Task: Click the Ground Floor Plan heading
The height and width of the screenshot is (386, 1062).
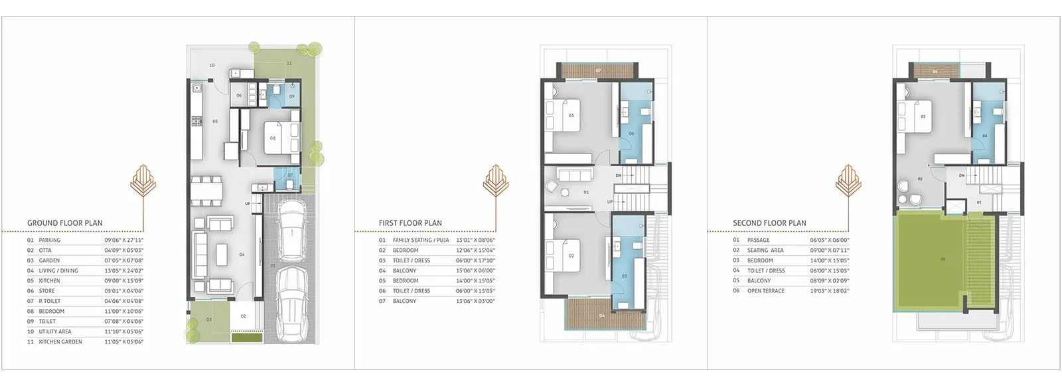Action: [65, 223]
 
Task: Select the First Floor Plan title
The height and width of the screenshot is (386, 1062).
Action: [410, 223]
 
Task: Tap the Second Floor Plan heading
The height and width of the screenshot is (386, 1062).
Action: [769, 223]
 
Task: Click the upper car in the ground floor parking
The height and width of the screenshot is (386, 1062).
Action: [289, 231]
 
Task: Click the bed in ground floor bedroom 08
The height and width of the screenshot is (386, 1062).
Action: [278, 138]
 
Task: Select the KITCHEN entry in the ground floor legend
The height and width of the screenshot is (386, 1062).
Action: [49, 281]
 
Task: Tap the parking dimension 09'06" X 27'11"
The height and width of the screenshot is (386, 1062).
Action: [124, 241]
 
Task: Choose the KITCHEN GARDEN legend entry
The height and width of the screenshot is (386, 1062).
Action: [60, 341]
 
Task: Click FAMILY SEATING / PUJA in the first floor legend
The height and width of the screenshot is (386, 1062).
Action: [421, 241]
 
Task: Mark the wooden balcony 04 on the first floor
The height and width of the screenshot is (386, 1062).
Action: [603, 314]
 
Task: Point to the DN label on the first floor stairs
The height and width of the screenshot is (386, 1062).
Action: [618, 175]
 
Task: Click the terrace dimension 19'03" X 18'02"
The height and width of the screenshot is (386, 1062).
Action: [830, 291]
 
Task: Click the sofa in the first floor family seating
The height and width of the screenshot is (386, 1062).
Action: [574, 175]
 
